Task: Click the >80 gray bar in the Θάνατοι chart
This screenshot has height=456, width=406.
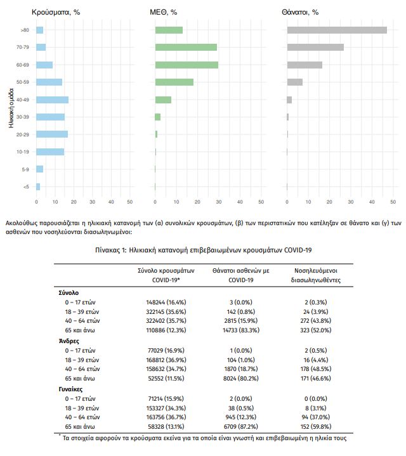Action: click(x=336, y=30)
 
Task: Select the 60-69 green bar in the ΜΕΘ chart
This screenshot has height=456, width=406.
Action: click(x=187, y=65)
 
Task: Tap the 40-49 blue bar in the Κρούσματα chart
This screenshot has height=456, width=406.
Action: click(x=52, y=100)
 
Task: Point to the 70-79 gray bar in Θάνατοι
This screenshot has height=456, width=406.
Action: click(x=315, y=47)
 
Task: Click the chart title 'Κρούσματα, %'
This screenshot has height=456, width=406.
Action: click(x=56, y=12)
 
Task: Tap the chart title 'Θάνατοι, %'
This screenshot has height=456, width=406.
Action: click(x=299, y=12)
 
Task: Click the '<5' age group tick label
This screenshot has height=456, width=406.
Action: click(x=25, y=186)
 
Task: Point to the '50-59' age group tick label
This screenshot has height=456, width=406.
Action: click(x=23, y=82)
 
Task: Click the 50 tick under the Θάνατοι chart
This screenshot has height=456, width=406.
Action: click(x=393, y=202)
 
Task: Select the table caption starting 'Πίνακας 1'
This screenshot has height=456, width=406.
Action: click(x=204, y=251)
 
